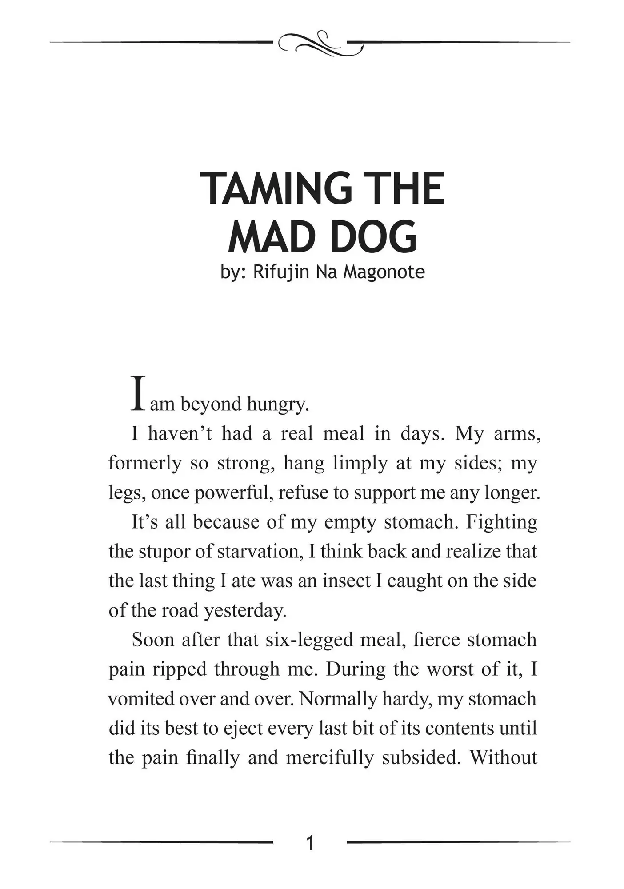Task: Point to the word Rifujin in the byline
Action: (x=281, y=272)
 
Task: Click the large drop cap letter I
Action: (x=138, y=393)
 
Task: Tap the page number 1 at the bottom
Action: (x=311, y=842)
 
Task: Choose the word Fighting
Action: (x=501, y=522)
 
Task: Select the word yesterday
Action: (x=245, y=611)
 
